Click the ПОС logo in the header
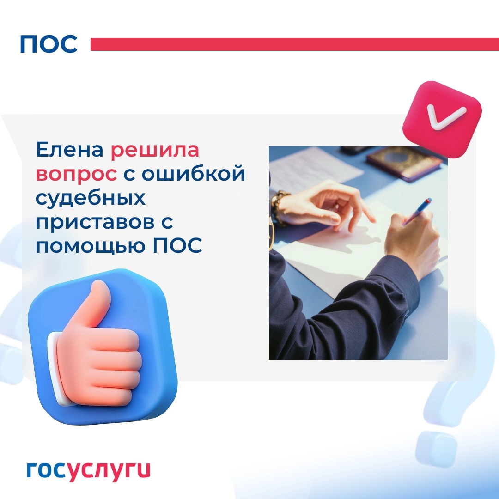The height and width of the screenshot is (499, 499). [x=49, y=44]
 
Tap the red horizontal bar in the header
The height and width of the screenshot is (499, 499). [x=295, y=44]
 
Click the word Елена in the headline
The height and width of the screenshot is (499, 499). [x=70, y=149]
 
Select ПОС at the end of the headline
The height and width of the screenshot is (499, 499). [x=177, y=245]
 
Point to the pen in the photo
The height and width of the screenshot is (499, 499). [x=417, y=211]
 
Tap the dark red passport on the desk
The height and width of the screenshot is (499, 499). [x=404, y=163]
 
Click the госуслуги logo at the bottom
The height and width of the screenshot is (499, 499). [x=88, y=470]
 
